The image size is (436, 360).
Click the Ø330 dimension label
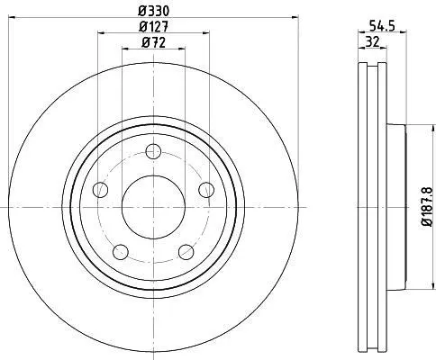(x=153, y=11)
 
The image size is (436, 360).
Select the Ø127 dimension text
(x=153, y=27)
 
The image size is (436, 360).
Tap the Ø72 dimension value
(x=153, y=42)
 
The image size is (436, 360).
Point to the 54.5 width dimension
(x=381, y=26)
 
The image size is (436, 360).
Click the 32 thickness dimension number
(x=372, y=41)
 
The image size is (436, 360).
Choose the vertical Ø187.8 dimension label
(x=427, y=206)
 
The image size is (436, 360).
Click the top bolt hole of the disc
(x=153, y=151)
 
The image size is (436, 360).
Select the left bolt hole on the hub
(x=100, y=190)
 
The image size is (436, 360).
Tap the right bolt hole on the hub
(x=206, y=190)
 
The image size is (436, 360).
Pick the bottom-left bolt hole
(x=121, y=252)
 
